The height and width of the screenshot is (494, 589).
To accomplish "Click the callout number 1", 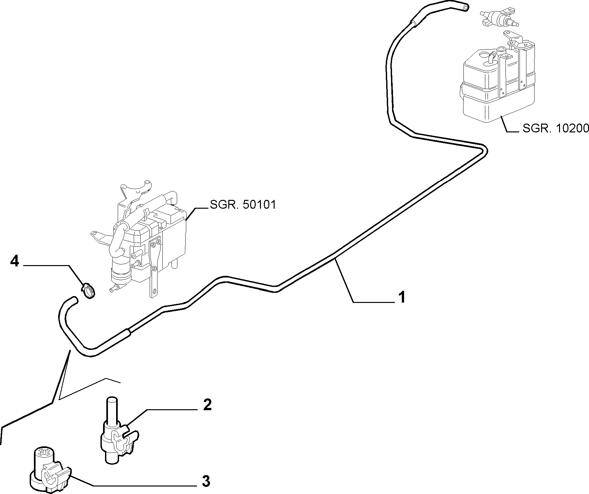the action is point(402,297).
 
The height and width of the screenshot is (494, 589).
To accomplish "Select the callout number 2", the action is point(207,405).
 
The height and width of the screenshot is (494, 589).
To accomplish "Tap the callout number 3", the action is point(206,481).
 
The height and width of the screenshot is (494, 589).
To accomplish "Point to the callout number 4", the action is point(15,261).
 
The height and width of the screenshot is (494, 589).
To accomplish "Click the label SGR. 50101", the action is point(243,205).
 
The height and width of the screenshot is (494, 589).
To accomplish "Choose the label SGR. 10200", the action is point(556,128).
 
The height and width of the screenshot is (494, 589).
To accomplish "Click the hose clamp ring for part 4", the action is point(88,290).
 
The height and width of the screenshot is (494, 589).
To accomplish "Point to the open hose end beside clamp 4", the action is point(74,299).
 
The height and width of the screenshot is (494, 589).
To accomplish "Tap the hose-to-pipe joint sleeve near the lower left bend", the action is point(128,333).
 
